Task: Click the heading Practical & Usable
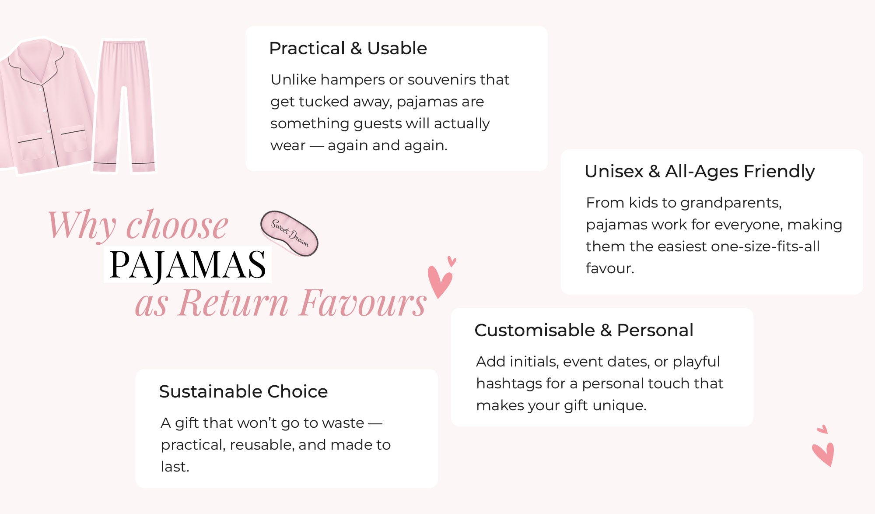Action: pos(348,48)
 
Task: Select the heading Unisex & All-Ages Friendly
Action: pos(700,172)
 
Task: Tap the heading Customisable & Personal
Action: pos(584,330)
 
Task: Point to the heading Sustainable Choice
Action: pos(243,391)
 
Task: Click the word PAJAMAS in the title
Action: pos(188,264)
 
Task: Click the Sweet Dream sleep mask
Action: pos(289,233)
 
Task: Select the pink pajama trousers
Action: pos(124,106)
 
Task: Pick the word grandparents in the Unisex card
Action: pos(731,203)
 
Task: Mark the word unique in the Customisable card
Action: pos(619,406)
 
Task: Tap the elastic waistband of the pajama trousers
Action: pos(124,43)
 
